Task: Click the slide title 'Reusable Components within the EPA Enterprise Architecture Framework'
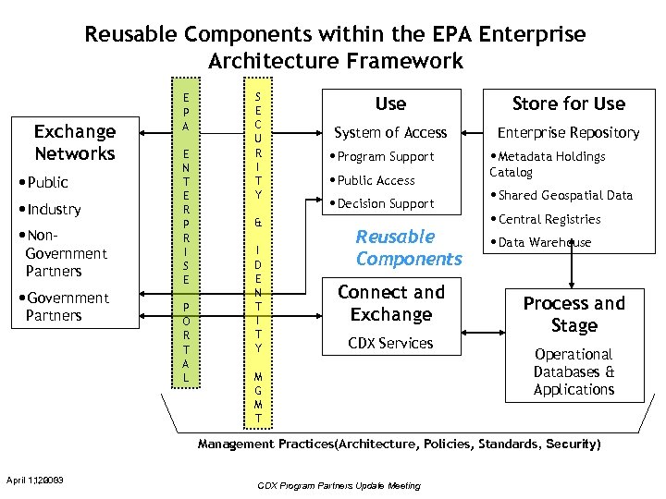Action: pyautogui.click(x=335, y=48)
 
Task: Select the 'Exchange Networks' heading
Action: pyautogui.click(x=75, y=142)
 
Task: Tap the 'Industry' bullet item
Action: pyautogui.click(x=53, y=210)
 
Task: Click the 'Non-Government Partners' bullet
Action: pyautogui.click(x=65, y=253)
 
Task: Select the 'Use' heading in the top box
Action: pyautogui.click(x=390, y=104)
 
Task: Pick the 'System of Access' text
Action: pyautogui.click(x=390, y=133)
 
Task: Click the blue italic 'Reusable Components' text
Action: pyautogui.click(x=408, y=248)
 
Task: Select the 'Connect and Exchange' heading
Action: pyautogui.click(x=390, y=303)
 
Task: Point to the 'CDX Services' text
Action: pyautogui.click(x=390, y=344)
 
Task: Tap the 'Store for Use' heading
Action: pyautogui.click(x=569, y=104)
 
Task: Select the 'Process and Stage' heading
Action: pyautogui.click(x=573, y=314)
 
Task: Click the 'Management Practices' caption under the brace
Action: pyautogui.click(x=399, y=444)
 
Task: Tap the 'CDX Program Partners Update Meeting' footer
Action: pyautogui.click(x=339, y=485)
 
